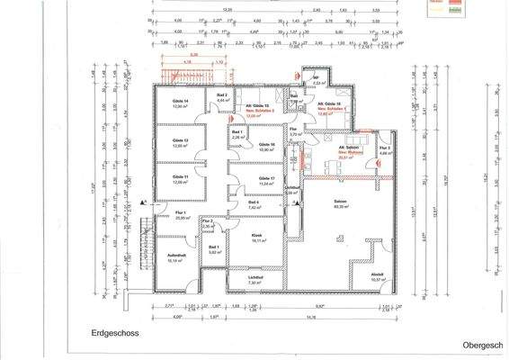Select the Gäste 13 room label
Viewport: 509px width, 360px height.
coord(181,141)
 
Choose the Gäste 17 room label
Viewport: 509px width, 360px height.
coord(265,179)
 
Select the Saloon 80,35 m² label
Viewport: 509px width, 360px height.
coord(339,204)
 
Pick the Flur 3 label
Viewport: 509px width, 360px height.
coord(384,148)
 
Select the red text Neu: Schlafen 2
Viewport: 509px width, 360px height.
coord(258,111)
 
